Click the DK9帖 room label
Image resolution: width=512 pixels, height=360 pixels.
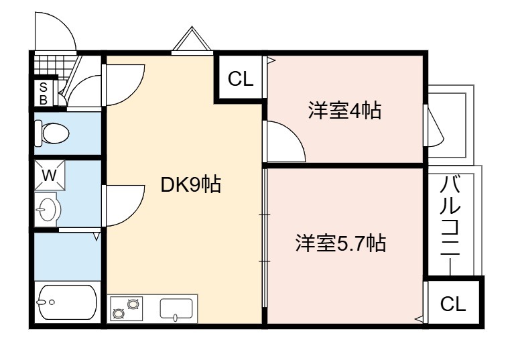[191, 184]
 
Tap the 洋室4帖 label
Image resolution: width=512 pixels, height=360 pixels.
[345, 111]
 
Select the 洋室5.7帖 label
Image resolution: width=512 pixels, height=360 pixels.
[340, 243]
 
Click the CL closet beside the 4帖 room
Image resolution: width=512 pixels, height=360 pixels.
[241, 78]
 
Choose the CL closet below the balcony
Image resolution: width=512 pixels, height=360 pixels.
[452, 304]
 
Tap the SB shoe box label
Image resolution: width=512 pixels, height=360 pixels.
[43, 93]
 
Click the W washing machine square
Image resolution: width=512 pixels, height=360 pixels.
[50, 175]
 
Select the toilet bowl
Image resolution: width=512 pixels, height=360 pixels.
[52, 133]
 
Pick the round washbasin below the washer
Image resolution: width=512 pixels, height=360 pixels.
[48, 209]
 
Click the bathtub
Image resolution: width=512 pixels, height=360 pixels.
[67, 302]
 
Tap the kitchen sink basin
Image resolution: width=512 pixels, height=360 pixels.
[176, 308]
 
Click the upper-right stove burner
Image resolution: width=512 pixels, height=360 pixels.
[133, 304]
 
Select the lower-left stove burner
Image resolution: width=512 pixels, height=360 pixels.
[118, 314]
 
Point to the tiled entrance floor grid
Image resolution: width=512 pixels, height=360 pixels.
[54, 66]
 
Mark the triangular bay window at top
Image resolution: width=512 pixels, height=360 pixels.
[192, 39]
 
